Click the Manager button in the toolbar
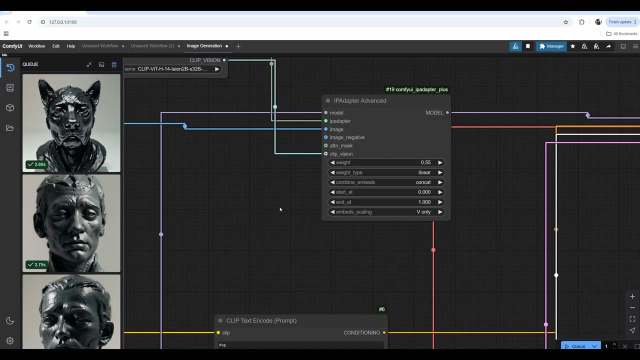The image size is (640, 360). pos(551,46)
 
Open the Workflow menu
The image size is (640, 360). pos(36,46)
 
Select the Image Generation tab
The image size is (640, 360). pos(204,46)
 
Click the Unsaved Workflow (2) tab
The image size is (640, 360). pos(152,46)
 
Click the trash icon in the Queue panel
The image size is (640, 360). pos(114,64)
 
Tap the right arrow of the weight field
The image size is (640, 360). pos(440,162)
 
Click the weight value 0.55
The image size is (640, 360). pos(425,162)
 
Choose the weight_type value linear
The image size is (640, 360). pos(424,172)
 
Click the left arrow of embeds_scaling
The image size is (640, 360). pos(332,212)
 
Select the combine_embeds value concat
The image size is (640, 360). pos(423,182)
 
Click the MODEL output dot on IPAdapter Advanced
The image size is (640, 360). pos(447,113)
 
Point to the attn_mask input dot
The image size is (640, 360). pos(325,145)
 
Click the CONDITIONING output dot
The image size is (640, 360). pos(384,332)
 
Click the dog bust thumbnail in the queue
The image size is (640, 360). pos(71,123)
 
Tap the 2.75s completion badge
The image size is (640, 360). pos(36,264)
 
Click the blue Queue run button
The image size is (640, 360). pos(575,346)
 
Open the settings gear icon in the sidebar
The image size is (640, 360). pos(10,340)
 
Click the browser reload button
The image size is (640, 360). pos(29,22)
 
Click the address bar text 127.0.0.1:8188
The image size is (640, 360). pos(63,22)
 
